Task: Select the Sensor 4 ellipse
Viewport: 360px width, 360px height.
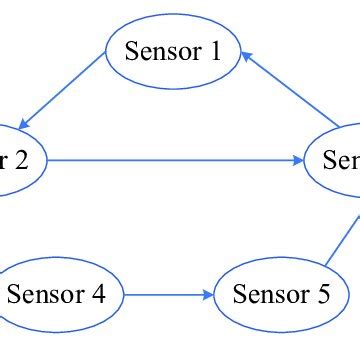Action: (x=58, y=295)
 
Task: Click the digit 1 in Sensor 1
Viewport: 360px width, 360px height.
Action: (x=214, y=51)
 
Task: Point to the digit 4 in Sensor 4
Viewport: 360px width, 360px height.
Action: (x=98, y=295)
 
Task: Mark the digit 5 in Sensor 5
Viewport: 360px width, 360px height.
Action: (x=323, y=295)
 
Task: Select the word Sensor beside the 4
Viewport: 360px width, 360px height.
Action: (x=46, y=295)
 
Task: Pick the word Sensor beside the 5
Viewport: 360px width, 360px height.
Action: (x=271, y=295)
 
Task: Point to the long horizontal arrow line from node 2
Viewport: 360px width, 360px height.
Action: (x=175, y=160)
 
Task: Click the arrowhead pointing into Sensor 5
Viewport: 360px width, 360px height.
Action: (x=209, y=295)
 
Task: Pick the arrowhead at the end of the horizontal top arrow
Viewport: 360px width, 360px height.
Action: (x=299, y=160)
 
